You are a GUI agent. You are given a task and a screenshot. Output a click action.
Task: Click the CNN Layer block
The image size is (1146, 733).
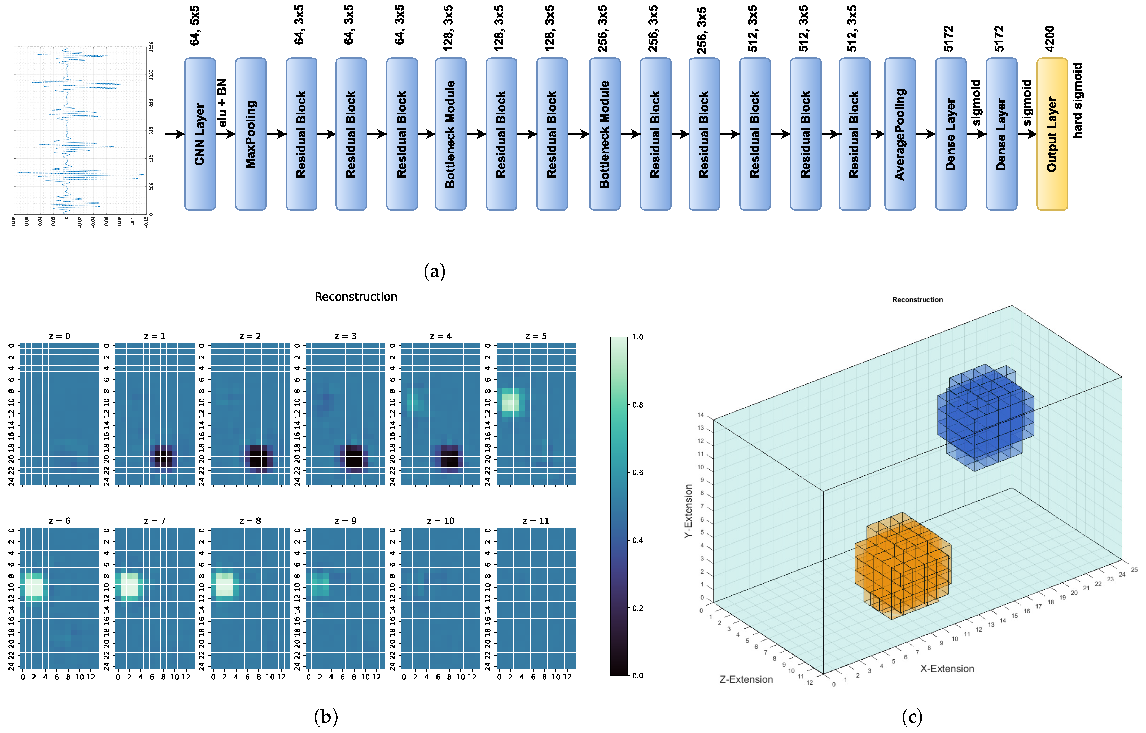coord(200,134)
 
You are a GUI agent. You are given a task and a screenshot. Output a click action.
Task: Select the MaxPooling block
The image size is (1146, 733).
coord(250,134)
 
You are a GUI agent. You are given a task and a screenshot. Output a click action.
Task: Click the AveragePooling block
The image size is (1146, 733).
coord(900,134)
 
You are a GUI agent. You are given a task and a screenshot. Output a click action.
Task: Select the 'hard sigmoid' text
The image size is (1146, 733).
coord(1077,101)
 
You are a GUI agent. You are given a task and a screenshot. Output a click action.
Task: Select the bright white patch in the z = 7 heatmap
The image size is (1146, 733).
coord(129,585)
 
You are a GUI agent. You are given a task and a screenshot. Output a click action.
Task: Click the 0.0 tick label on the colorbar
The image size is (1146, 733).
coord(637,675)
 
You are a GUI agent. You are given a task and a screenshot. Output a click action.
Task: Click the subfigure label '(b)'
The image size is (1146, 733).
coord(326,716)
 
